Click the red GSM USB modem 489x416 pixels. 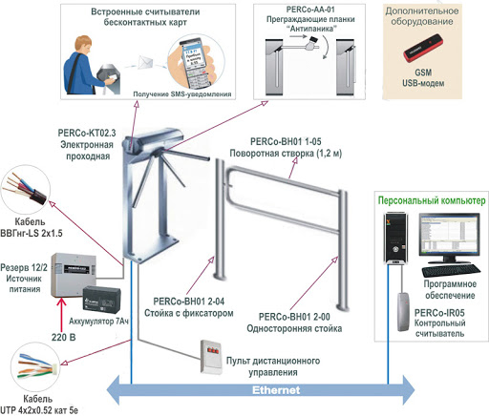pyautogui.click(x=422, y=49)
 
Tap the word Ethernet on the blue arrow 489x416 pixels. pyautogui.click(x=276, y=390)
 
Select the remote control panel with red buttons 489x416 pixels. pyautogui.click(x=211, y=357)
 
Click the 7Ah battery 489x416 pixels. pyautogui.click(x=101, y=299)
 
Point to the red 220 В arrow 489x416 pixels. pyautogui.click(x=61, y=315)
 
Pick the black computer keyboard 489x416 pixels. pyautogui.click(x=451, y=271)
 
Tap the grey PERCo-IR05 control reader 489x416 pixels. pyautogui.click(x=403, y=312)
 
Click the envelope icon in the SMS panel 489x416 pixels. pyautogui.click(x=145, y=61)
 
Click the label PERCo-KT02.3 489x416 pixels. pyautogui.click(x=87, y=133)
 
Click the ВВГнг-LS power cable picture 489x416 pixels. pyautogui.click(x=26, y=189)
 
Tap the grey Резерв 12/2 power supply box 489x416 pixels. pyautogui.click(x=74, y=275)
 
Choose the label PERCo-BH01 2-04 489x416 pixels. pyautogui.click(x=189, y=302)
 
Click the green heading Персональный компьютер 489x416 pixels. pyautogui.click(x=432, y=200)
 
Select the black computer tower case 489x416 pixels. pyautogui.click(x=395, y=239)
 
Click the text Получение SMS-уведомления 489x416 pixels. pyautogui.click(x=182, y=94)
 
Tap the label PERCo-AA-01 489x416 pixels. pyautogui.click(x=310, y=10)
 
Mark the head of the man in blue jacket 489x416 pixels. pyautogui.click(x=84, y=45)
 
